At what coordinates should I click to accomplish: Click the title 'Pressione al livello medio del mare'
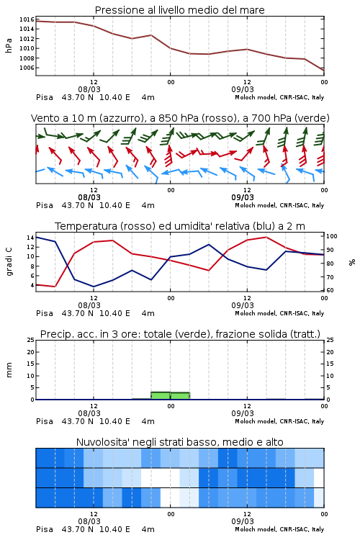pos(179,10)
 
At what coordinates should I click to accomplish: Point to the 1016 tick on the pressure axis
pos(27,19)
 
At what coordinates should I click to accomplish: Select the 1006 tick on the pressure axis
pos(27,68)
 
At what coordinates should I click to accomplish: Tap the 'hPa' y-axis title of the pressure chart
pos(9,45)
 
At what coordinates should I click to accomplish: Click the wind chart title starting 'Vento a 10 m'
pos(180,118)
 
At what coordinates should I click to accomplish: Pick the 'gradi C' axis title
pos(9,262)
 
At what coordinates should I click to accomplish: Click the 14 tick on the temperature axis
pos(30,238)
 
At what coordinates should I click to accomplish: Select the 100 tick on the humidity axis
pos(332,236)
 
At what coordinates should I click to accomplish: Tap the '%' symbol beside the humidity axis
pos(352,262)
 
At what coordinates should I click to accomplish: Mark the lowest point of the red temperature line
pos(55,287)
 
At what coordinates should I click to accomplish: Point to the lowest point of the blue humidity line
pos(94,287)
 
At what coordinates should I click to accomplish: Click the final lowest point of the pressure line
pos(324,71)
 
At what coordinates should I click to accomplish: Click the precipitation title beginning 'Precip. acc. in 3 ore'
pos(180,334)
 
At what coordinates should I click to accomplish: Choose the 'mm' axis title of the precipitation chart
pos(9,370)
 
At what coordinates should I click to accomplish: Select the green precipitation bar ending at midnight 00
pos(161,396)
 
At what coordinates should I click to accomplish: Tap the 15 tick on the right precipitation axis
pos(330,364)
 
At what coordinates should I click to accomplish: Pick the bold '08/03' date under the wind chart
pos(89,197)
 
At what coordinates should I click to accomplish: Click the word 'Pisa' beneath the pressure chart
pos(45,97)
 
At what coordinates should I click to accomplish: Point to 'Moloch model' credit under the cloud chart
pos(256,529)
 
